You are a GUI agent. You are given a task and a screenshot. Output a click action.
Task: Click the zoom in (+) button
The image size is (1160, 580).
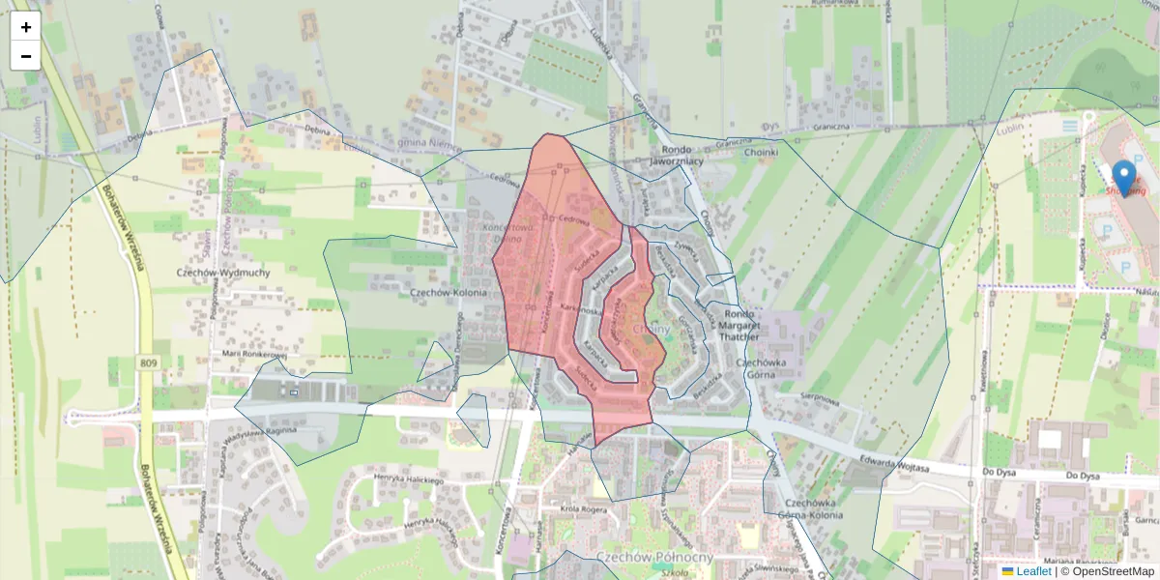[26, 27]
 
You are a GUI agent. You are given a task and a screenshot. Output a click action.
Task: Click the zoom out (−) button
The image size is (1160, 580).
[26, 56]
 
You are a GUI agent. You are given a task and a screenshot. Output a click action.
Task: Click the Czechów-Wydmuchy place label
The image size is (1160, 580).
[223, 273]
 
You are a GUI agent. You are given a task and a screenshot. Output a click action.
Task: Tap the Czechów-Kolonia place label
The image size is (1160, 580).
[449, 291]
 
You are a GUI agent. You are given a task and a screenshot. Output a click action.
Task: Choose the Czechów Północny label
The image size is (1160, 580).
[654, 557]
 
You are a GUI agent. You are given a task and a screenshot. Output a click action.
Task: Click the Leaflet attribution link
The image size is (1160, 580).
[1033, 571]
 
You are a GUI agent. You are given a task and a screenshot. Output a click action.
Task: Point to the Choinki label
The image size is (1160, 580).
[761, 152]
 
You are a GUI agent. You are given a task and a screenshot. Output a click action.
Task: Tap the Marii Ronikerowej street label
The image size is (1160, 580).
[255, 354]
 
